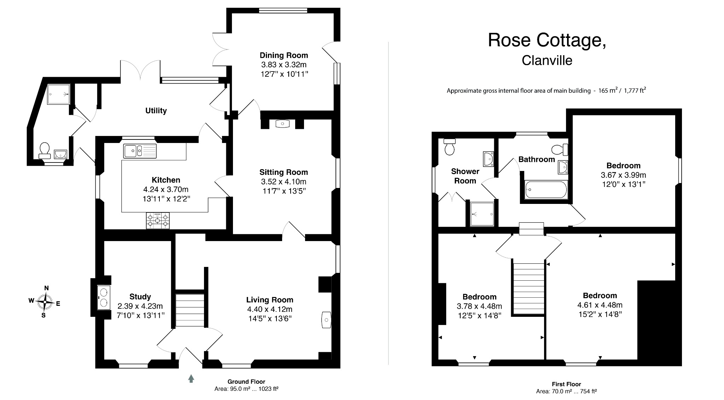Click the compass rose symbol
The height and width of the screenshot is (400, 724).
pyautogui.click(x=45, y=302)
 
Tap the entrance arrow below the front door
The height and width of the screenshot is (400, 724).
pyautogui.click(x=191, y=378)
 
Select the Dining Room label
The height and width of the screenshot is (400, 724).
pyautogui.click(x=284, y=55)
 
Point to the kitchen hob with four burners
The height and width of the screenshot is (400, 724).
pyautogui.click(x=158, y=221)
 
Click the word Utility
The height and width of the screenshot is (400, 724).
pyautogui.click(x=156, y=111)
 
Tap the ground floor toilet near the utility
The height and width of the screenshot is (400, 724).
pyautogui.click(x=45, y=150)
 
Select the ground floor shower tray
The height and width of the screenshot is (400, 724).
pyautogui.click(x=59, y=94)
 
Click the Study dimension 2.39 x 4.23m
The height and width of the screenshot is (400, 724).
pyautogui.click(x=140, y=306)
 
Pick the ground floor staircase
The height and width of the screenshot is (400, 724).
pyautogui.click(x=190, y=310)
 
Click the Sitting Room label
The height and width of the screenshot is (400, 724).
pyautogui.click(x=284, y=172)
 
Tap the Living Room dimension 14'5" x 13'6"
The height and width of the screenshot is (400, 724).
pyautogui.click(x=270, y=318)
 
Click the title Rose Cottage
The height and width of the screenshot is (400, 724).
pyautogui.click(x=547, y=40)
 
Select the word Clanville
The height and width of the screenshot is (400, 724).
pyautogui.click(x=547, y=60)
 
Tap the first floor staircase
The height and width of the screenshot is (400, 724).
pyautogui.click(x=529, y=287)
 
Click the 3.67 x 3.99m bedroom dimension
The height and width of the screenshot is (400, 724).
pyautogui.click(x=623, y=175)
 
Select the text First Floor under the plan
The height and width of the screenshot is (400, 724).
pyautogui.click(x=566, y=384)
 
